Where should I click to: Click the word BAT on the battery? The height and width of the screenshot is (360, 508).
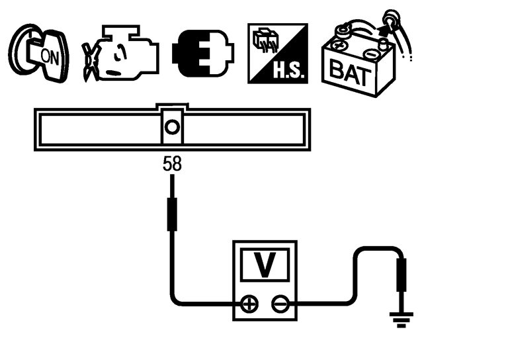351,71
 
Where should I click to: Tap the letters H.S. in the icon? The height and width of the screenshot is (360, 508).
290,71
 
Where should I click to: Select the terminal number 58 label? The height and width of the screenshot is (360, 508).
172,164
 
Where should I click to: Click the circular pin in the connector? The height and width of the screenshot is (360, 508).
172,126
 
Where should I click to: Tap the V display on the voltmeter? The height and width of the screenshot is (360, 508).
265,265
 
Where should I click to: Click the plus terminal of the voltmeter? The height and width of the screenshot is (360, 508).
249,304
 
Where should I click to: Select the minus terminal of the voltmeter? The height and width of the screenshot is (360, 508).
280,304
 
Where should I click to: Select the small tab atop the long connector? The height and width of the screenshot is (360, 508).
172,106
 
